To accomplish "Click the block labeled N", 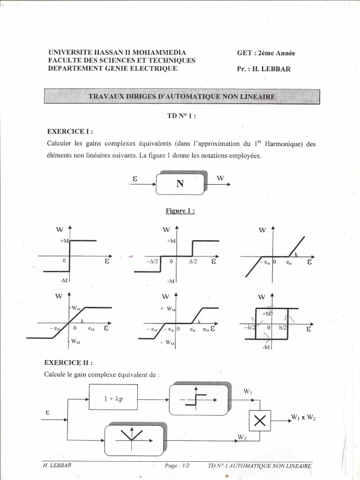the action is click(180, 183).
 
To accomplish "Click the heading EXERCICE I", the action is click(70, 132).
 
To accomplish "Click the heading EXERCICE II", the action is click(68, 362).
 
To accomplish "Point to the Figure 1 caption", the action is click(180, 211).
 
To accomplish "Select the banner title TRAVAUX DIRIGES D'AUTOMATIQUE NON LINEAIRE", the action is click(182, 97).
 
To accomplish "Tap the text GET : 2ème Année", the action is click(266, 53).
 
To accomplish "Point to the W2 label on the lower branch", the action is click(242, 437).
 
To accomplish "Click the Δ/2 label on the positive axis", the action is click(193, 262).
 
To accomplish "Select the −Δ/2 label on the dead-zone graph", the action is click(153, 262).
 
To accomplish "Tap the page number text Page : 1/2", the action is click(177, 465).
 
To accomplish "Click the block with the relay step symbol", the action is click(199, 400).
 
